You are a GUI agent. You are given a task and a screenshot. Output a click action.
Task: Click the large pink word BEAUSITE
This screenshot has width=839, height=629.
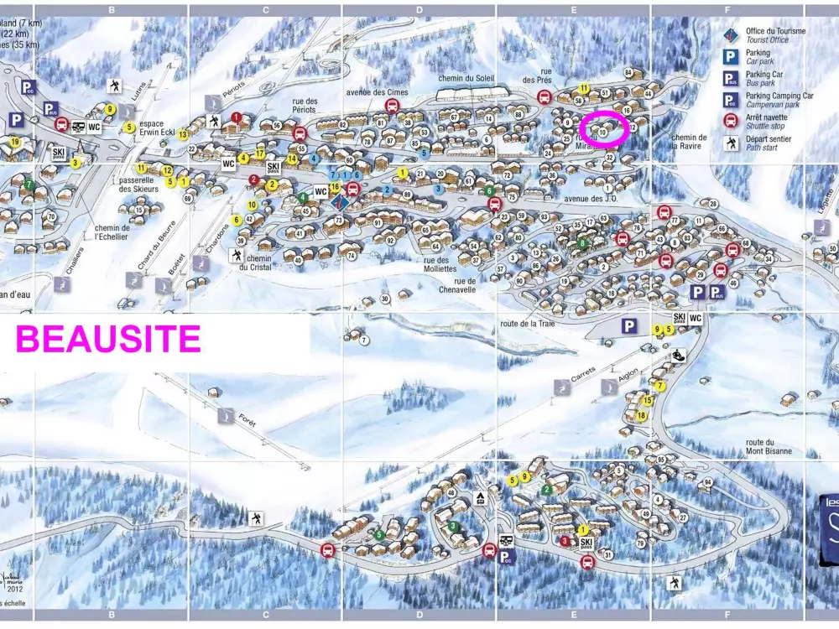pos(108,339)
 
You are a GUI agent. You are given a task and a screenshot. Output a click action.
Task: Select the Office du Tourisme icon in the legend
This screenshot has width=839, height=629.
pos(731,35)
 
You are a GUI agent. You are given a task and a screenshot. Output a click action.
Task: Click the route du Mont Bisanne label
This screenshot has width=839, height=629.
pos(769,447)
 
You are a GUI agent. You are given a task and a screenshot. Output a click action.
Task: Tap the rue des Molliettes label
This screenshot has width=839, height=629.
pos(434,264)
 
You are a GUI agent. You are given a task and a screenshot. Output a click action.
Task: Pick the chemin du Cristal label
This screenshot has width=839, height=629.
pos(259,263)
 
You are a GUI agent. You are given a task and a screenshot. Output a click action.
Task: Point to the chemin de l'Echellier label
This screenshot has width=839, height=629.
pos(112,232)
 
